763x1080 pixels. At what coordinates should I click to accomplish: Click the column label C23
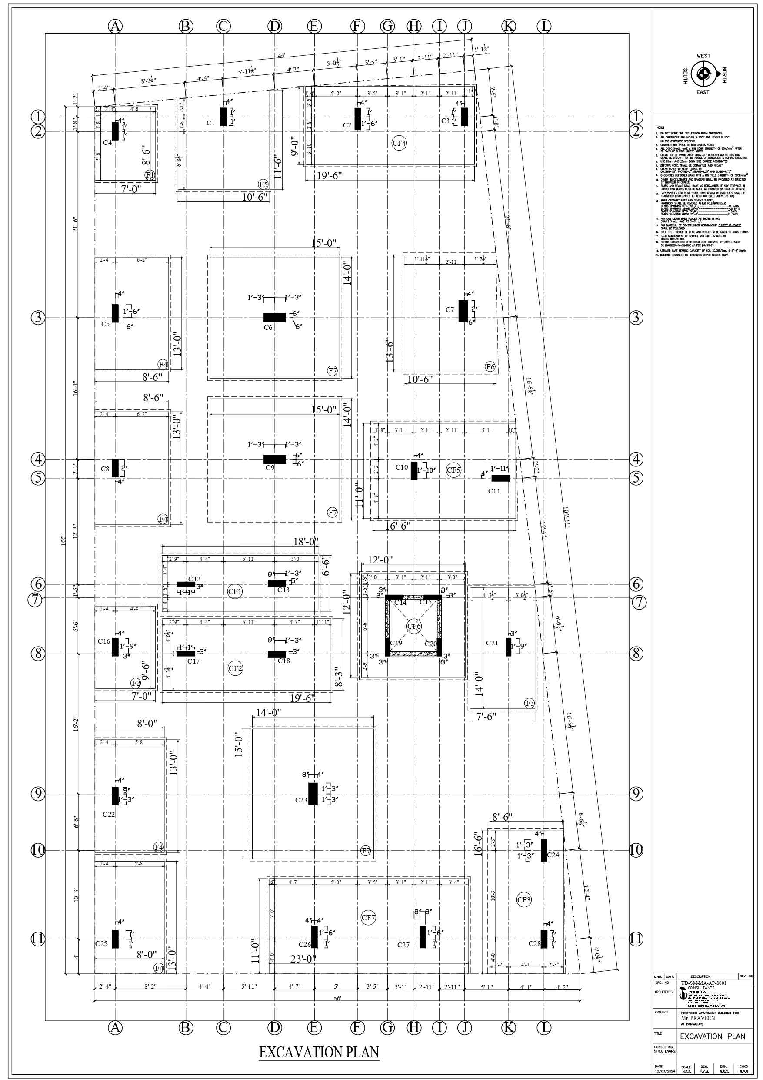click(301, 800)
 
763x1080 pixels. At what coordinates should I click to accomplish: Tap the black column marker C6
click(274, 318)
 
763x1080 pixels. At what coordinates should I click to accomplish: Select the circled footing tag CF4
click(399, 143)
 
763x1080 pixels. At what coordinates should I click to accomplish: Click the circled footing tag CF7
click(369, 917)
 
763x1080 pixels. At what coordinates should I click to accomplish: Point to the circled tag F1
click(150, 175)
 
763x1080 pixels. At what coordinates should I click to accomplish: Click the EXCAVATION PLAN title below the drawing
click(319, 1052)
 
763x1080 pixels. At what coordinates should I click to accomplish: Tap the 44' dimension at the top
click(281, 56)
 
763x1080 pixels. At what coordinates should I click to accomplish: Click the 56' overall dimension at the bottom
click(337, 998)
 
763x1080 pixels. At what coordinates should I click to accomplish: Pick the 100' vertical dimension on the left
click(63, 541)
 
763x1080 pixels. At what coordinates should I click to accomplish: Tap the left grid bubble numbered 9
click(38, 794)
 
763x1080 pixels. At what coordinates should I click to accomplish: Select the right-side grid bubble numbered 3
click(636, 318)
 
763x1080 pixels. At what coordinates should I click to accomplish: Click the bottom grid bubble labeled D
click(275, 1028)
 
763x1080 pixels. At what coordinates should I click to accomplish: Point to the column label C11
click(494, 491)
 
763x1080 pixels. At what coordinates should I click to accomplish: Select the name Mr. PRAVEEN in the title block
click(698, 1018)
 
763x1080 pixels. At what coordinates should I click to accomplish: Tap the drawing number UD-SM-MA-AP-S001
click(704, 983)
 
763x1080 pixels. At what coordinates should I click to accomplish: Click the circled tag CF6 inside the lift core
click(414, 626)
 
